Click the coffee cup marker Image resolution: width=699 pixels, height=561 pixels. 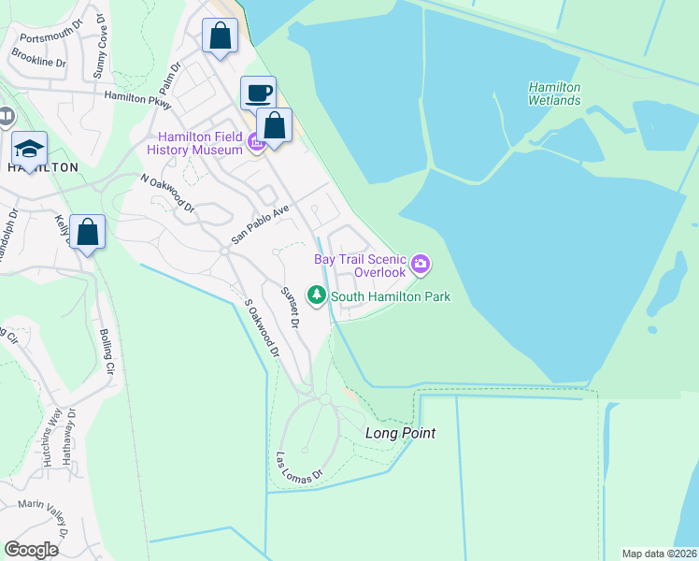(x=258, y=93)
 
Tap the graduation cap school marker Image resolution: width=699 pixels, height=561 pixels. (x=29, y=150)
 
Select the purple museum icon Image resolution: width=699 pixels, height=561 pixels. (x=256, y=143)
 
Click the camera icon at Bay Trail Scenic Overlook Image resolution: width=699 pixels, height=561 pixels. (x=420, y=266)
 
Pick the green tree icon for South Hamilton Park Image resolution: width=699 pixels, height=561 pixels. (x=318, y=296)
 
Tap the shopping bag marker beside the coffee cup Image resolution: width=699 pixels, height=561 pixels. (x=275, y=125)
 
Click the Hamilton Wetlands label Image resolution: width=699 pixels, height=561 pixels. (x=554, y=93)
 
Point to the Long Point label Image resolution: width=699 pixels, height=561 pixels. (x=400, y=434)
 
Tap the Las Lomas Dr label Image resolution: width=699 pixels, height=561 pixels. (x=298, y=468)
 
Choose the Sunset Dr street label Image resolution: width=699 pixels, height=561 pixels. (x=290, y=308)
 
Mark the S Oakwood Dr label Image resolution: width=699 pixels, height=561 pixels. (x=262, y=328)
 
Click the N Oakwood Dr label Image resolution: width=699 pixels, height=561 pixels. (x=166, y=192)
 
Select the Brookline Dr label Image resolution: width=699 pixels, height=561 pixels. (x=39, y=59)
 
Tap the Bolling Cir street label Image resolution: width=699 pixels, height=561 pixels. (x=108, y=351)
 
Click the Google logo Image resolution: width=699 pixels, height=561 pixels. (x=31, y=550)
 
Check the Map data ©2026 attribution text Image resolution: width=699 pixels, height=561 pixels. (x=659, y=554)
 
